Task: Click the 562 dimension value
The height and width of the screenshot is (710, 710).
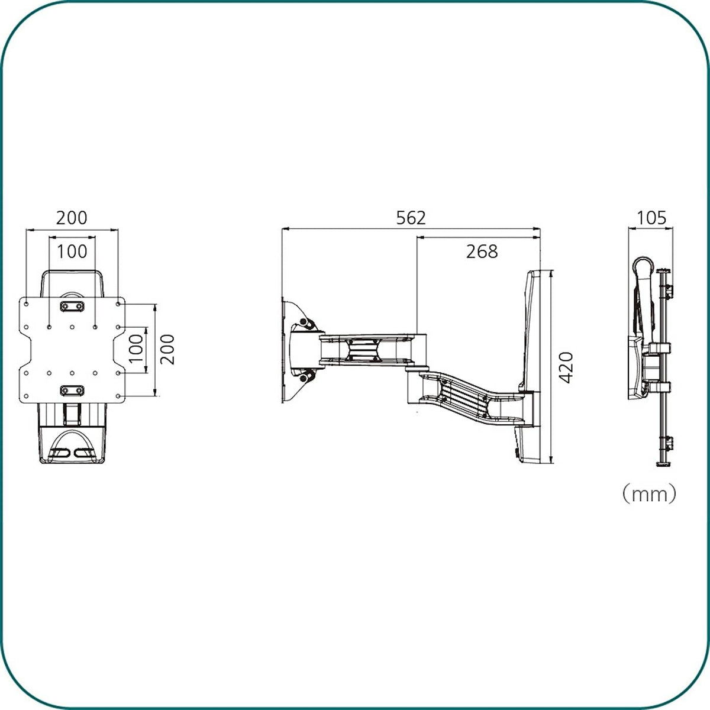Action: click(411, 218)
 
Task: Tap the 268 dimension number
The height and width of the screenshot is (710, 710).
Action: click(482, 251)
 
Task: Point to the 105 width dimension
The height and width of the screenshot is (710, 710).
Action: click(651, 218)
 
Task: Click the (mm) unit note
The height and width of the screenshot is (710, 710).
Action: click(650, 494)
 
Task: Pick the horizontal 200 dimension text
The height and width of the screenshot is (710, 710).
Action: click(72, 218)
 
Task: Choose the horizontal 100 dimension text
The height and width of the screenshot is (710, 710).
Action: click(72, 251)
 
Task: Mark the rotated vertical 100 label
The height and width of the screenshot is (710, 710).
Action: click(135, 348)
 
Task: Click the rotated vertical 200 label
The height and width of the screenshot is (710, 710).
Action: click(167, 349)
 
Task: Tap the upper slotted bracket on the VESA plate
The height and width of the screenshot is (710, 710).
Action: click(72, 306)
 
